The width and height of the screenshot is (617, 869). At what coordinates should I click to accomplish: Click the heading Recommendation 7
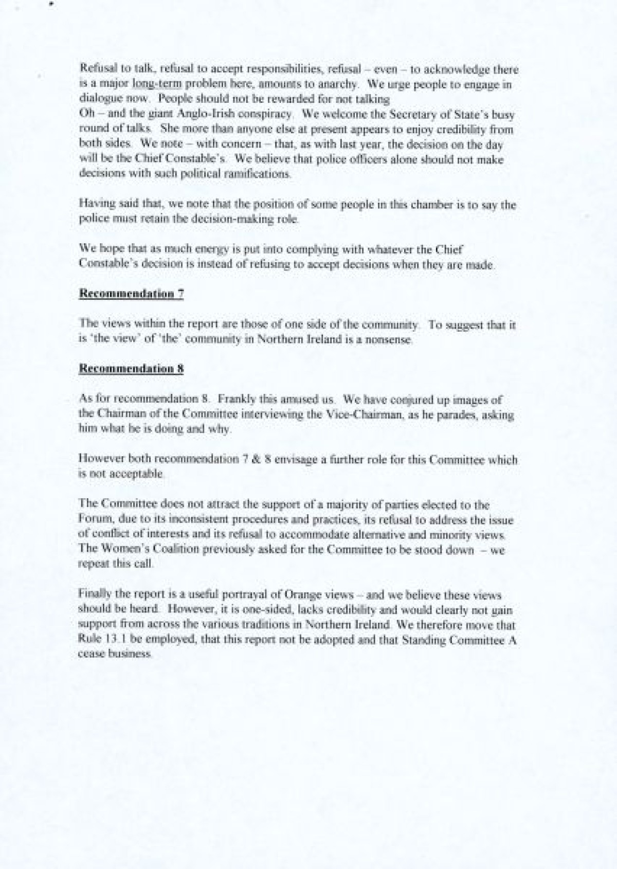pos(131,294)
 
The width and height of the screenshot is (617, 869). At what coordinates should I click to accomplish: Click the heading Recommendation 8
pos(131,369)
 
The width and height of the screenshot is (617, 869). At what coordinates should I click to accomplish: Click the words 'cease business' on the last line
pos(115,655)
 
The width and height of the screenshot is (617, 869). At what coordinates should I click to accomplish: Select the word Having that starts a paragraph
pos(93,204)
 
